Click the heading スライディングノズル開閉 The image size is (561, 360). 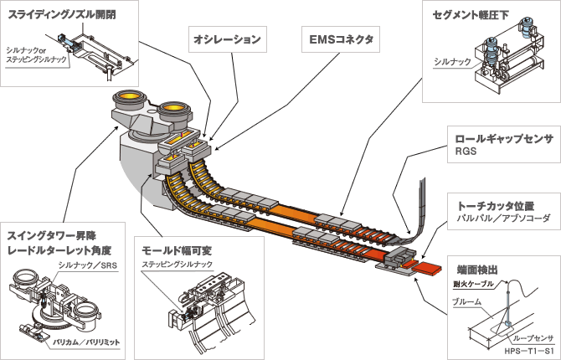pos(61,15)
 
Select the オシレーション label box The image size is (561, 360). pos(228,39)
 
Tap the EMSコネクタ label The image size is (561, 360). pos(341,39)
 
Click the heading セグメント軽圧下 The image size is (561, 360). pos(470,15)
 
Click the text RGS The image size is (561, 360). pos(466,152)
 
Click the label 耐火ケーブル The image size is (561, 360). pos(473,284)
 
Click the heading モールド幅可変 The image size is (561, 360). pos(177,250)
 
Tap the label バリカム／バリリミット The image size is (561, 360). pos(86,342)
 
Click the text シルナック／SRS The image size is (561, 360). pos(87,265)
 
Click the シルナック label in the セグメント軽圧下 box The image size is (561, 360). pos(453,62)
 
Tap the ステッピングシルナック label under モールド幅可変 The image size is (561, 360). pos(178,265)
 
